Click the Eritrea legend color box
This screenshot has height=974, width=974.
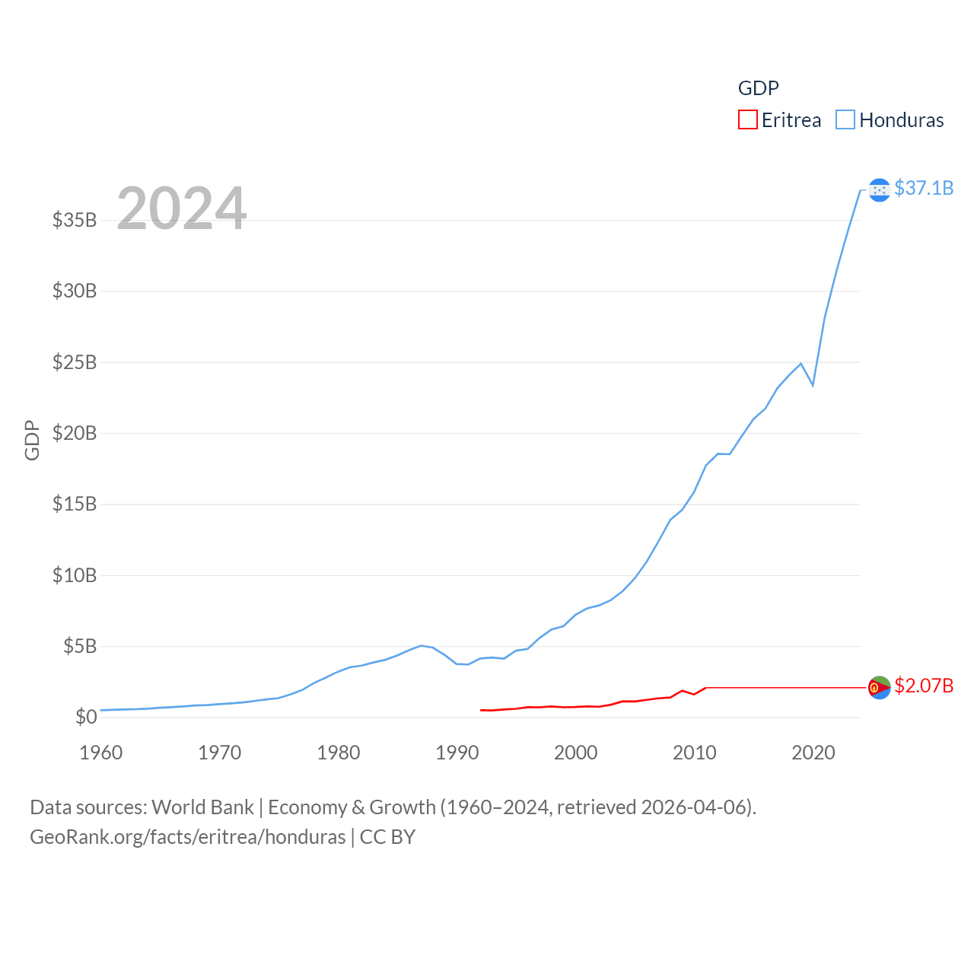[747, 120]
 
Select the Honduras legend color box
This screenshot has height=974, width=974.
[845, 120]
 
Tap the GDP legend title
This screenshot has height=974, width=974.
[758, 88]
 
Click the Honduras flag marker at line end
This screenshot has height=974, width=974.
[879, 189]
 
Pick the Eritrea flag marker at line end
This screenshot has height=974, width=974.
[879, 687]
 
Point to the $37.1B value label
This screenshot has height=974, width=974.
[924, 188]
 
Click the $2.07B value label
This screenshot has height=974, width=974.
[924, 686]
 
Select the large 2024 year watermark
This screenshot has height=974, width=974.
[181, 208]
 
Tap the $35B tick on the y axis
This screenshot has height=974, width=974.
[75, 220]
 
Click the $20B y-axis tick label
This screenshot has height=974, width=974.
[75, 433]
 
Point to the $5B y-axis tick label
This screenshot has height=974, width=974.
[80, 646]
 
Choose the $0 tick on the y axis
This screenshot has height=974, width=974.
[86, 717]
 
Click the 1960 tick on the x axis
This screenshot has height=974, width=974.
[101, 753]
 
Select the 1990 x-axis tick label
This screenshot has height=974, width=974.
[457, 753]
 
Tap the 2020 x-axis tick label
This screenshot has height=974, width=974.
[813, 753]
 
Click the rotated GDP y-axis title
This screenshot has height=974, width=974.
[32, 440]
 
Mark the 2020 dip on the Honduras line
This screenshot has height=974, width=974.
[813, 385]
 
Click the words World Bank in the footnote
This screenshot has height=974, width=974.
[202, 807]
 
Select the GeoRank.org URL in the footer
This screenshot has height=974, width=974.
[187, 837]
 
